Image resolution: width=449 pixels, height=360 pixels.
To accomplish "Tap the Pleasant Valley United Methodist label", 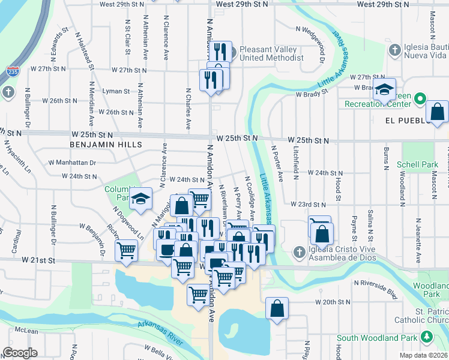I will point(271,53).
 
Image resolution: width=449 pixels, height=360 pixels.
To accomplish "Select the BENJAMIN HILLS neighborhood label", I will point(106,145).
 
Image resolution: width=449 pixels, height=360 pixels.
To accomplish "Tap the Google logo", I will point(19,353).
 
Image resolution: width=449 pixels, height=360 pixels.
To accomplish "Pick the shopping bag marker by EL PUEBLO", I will point(438,111).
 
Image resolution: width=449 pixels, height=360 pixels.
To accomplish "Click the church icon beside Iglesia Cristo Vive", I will point(298,251).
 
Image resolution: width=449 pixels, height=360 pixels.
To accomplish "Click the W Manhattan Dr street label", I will point(73,163).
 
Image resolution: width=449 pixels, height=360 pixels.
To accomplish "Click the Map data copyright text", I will point(424,355).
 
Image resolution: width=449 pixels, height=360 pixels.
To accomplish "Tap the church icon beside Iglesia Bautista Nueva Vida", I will point(394,49).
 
